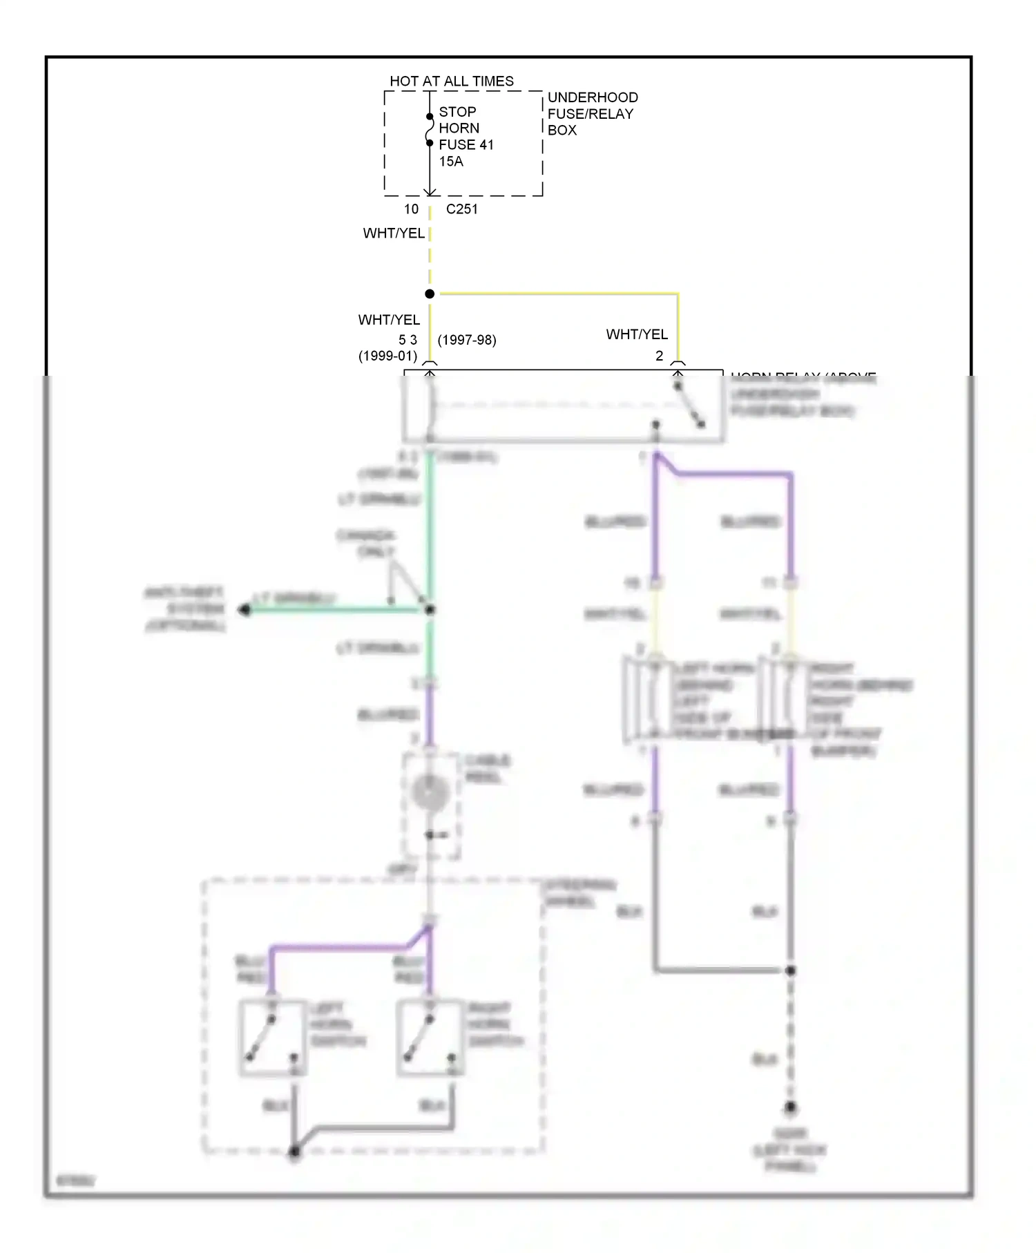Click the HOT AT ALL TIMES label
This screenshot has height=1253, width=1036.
[452, 81]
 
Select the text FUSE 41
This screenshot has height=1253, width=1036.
[466, 144]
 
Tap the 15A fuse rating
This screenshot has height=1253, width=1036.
[451, 161]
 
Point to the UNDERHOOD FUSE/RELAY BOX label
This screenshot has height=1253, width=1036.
[592, 113]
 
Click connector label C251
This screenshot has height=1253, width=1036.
[461, 209]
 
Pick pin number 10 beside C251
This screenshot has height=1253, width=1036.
[411, 209]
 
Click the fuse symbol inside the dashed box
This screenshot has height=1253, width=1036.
[430, 130]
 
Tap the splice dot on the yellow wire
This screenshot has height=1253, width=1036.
[430, 294]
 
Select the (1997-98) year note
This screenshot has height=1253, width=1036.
[467, 340]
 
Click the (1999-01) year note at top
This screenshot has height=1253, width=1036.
[387, 356]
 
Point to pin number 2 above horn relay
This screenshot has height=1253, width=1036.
[659, 356]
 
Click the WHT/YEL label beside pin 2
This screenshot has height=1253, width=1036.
[637, 334]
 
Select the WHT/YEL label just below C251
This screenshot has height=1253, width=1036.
[394, 233]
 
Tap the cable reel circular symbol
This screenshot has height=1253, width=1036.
[430, 792]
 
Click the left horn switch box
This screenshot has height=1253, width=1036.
[274, 1037]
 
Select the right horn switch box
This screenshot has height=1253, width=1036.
[430, 1037]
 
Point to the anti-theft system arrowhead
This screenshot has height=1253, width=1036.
[244, 610]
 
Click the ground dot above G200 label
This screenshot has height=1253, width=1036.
[791, 1107]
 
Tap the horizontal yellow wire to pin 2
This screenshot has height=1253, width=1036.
[559, 294]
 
